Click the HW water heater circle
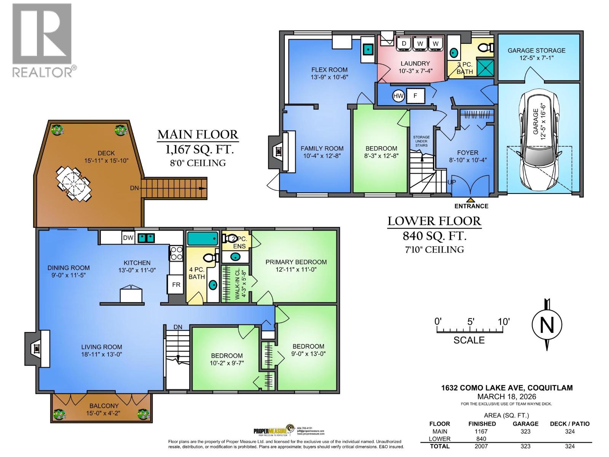(x=398, y=96)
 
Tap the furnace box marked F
(x=415, y=96)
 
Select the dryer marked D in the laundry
(x=404, y=44)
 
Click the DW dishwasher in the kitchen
(x=128, y=238)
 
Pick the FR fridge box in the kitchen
(x=176, y=285)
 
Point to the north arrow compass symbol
(x=547, y=325)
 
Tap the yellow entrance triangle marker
(x=471, y=199)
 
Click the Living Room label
(x=102, y=347)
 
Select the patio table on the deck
(x=74, y=183)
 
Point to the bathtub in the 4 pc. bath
(x=202, y=238)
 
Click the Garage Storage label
(x=536, y=50)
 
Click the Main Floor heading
(x=198, y=134)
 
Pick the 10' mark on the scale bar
(x=503, y=322)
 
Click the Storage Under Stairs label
(x=421, y=141)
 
